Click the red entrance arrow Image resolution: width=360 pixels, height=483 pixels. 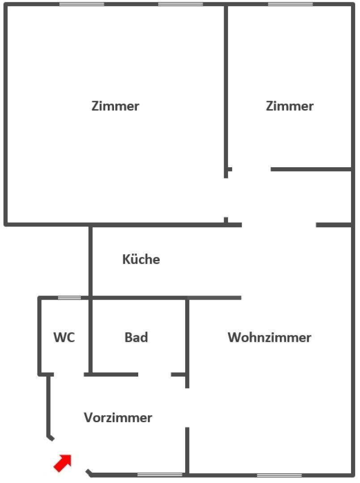pyautogui.click(x=63, y=462)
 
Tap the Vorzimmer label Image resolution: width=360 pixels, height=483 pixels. pyautogui.click(x=118, y=418)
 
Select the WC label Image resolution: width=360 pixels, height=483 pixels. pyautogui.click(x=64, y=337)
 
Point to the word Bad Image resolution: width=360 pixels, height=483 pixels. pyautogui.click(x=136, y=337)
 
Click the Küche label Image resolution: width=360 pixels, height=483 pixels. pyautogui.click(x=141, y=259)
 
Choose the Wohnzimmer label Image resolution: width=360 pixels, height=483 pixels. pyautogui.click(x=269, y=337)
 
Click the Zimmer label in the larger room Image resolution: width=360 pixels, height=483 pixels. pyautogui.click(x=115, y=106)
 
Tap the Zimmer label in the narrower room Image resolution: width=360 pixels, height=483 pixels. pyautogui.click(x=289, y=106)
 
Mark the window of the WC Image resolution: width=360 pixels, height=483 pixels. pyautogui.click(x=69, y=297)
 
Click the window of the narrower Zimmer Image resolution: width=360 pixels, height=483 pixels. pyautogui.click(x=290, y=4)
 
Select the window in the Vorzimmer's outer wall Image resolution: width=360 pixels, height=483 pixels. pyautogui.click(x=160, y=475)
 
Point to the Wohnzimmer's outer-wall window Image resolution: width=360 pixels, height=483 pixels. pyautogui.click(x=279, y=475)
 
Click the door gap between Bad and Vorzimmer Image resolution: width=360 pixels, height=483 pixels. pyautogui.click(x=155, y=374)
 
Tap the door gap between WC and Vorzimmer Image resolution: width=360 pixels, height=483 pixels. pyautogui.click(x=69, y=374)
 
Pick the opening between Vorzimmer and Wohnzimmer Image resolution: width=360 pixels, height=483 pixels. pyautogui.click(x=187, y=407)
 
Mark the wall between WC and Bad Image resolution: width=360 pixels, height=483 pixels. pyautogui.click(x=90, y=335)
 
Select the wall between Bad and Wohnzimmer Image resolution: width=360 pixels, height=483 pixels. pyautogui.click(x=187, y=335)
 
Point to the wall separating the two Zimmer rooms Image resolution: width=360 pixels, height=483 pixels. pyautogui.click(x=226, y=89)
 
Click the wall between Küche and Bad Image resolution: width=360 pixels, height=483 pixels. pyautogui.click(x=139, y=297)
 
